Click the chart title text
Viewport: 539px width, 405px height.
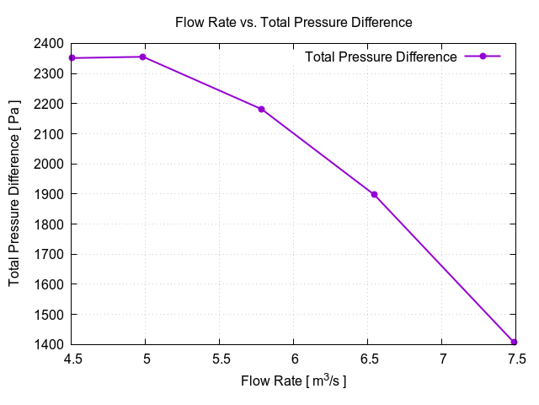(x=293, y=22)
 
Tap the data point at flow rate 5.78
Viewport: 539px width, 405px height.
(x=261, y=109)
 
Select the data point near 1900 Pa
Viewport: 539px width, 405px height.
(x=374, y=194)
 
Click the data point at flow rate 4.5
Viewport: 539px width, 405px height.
(x=72, y=58)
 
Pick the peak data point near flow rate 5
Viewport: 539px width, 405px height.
(x=143, y=57)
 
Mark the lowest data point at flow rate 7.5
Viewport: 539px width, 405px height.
(x=514, y=342)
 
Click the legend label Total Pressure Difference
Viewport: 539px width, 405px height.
(x=381, y=57)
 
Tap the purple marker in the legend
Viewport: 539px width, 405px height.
(x=483, y=57)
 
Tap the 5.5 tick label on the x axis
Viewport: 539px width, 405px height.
(x=220, y=359)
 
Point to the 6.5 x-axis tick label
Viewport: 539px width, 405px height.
(x=368, y=359)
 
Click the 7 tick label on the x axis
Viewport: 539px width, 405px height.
(x=442, y=359)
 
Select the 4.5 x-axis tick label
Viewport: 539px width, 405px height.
(x=72, y=359)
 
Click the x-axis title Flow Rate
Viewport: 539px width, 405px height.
(x=293, y=381)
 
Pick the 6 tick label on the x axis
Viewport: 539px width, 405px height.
(x=294, y=359)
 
